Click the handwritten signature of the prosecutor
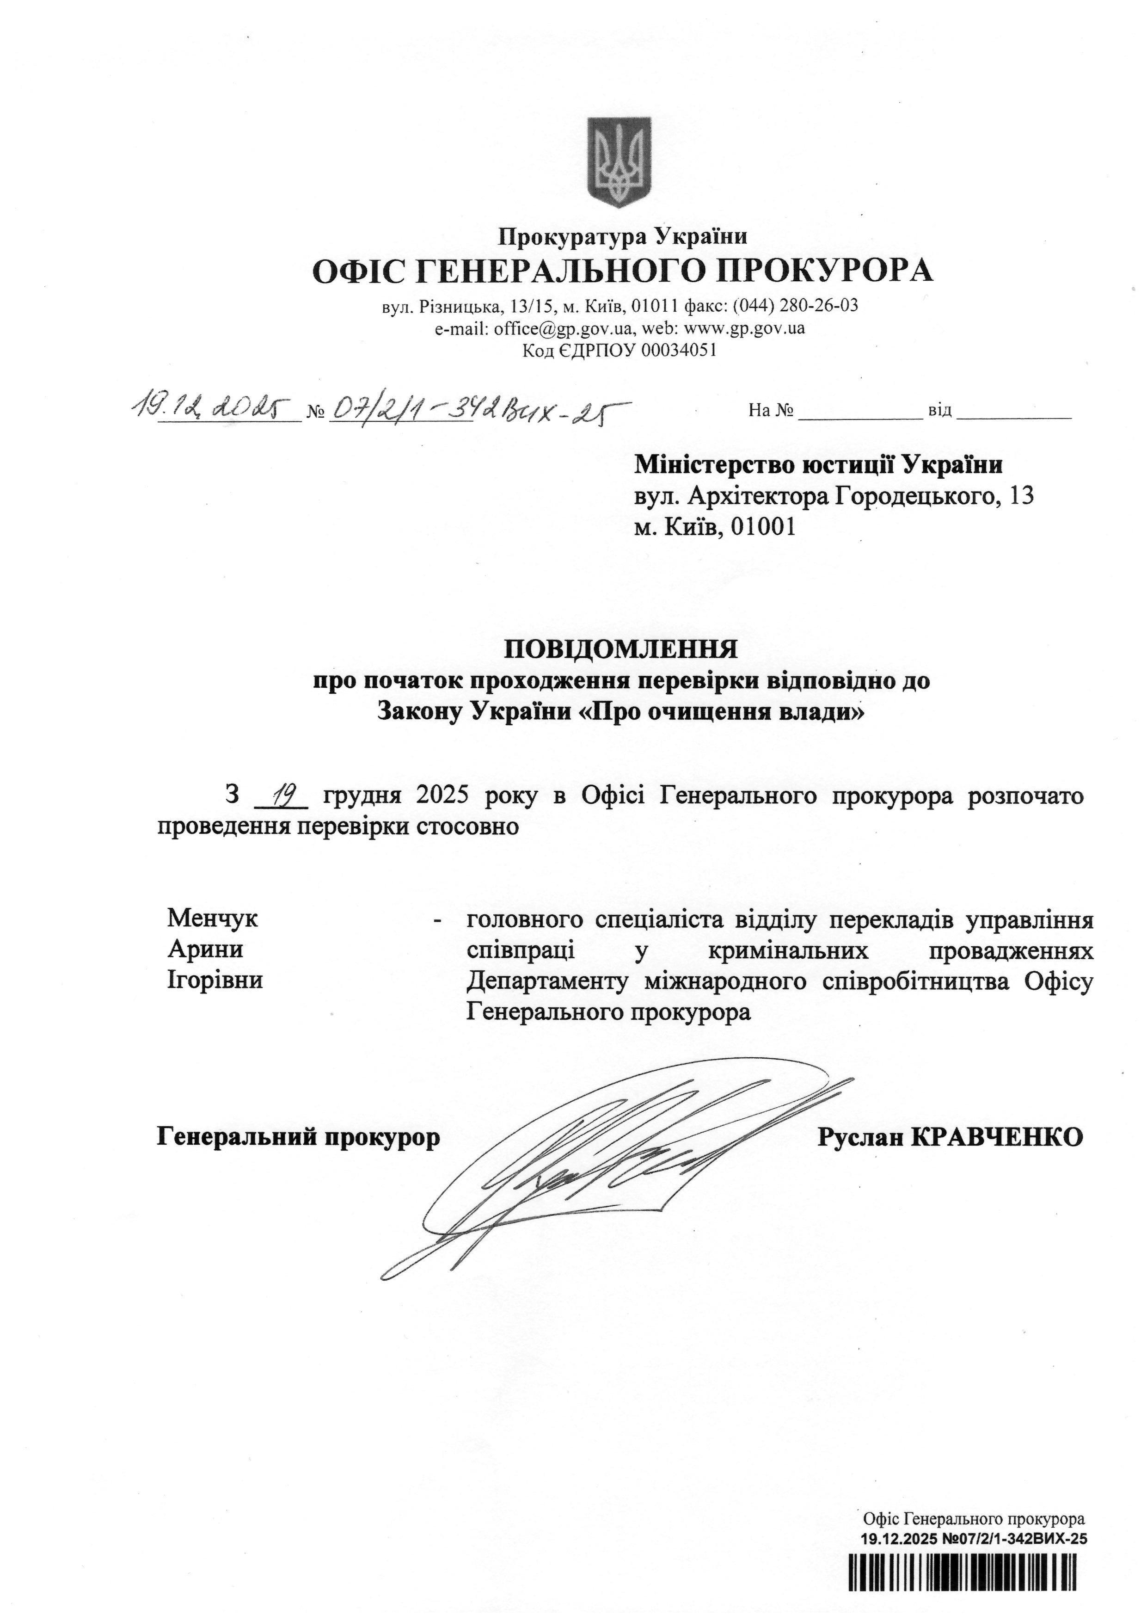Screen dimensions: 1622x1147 tap(607, 1159)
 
